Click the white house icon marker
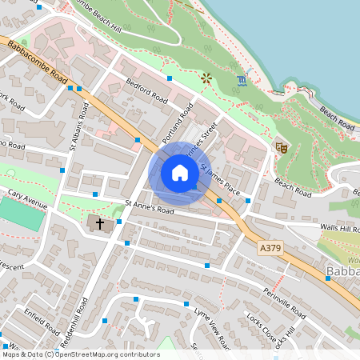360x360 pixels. tap(180, 173)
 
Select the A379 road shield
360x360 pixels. tap(270, 249)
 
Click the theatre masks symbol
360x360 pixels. tap(281, 147)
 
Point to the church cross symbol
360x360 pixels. tap(101, 223)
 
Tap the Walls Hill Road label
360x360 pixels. tap(339, 229)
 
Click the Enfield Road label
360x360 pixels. tap(42, 319)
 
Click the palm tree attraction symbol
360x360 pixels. tap(207, 78)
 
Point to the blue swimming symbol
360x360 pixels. tap(242, 81)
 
